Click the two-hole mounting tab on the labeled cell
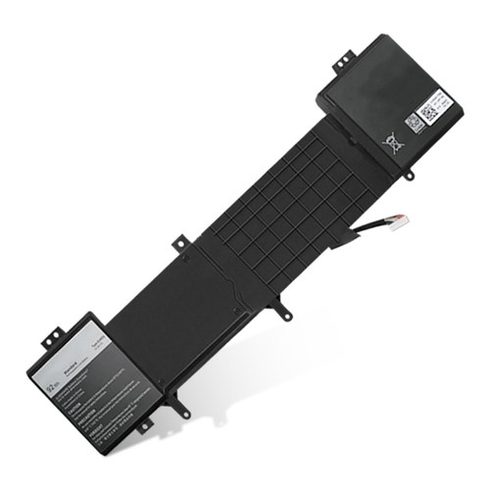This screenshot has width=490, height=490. pos(50,338)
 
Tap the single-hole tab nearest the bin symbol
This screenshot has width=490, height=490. pos(408,173)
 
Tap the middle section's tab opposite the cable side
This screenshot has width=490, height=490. pos(180,240)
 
